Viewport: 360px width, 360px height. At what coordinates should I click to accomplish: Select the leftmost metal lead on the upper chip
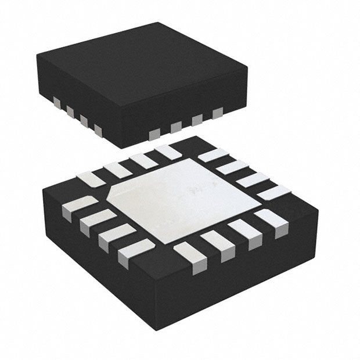pos(57,103)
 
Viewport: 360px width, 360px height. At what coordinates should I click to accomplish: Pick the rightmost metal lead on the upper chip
pos(218,113)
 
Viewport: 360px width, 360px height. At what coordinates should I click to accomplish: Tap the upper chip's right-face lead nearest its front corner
pos(154,134)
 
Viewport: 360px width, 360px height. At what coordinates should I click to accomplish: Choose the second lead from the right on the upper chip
pos(197,120)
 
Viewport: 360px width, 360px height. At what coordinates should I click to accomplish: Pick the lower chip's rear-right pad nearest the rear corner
pos(213,155)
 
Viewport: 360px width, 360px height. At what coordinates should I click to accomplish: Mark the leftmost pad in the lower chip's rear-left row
pos(91,179)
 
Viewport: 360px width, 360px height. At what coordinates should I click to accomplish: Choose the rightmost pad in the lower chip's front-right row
pos(272,221)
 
